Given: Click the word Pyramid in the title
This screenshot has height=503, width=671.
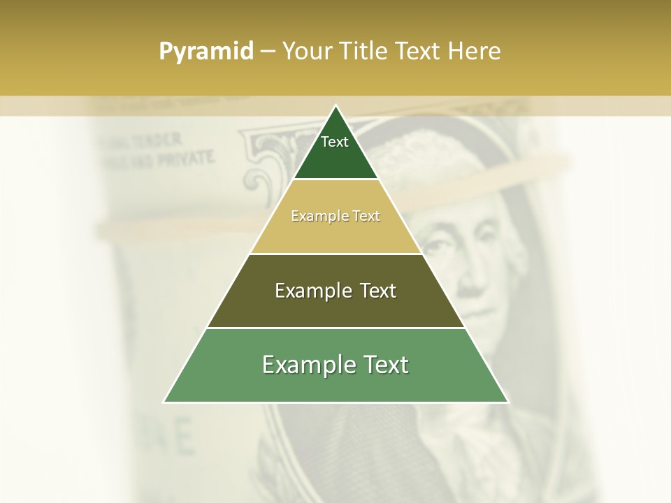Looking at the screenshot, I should [x=205, y=52].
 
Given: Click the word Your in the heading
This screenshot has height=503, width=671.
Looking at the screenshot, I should [x=305, y=52].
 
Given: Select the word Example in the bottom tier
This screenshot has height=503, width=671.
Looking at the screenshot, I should [x=306, y=365].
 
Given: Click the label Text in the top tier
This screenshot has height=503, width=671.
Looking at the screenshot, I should [x=335, y=142].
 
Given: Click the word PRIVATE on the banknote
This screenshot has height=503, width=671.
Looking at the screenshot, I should [x=185, y=158].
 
